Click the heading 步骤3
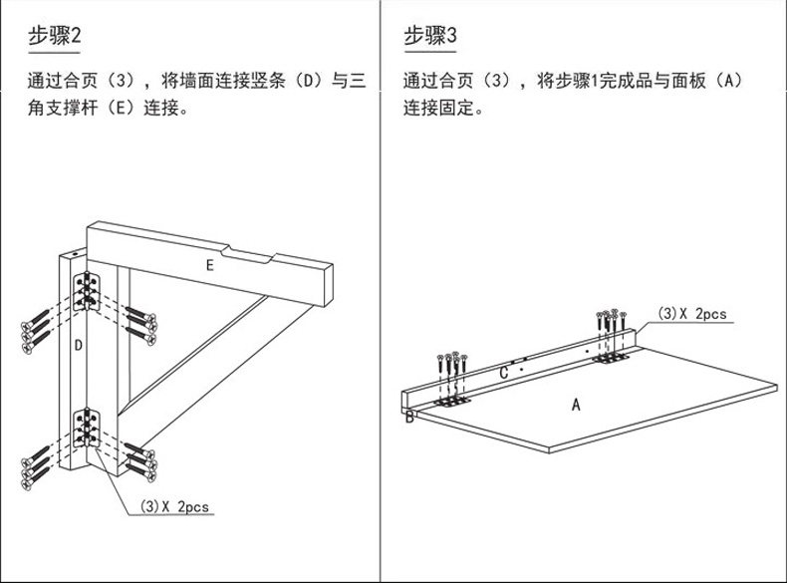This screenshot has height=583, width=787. click(429, 38)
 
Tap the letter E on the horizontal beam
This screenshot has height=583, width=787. click(209, 265)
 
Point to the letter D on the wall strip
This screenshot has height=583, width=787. click(78, 346)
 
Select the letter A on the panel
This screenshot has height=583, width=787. click(575, 405)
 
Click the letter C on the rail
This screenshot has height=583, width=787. click(504, 373)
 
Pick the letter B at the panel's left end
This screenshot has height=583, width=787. click(408, 417)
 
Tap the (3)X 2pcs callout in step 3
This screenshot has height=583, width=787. click(692, 314)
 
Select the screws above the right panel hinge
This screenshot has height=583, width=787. click(611, 321)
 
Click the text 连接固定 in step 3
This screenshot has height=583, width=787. click(442, 107)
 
